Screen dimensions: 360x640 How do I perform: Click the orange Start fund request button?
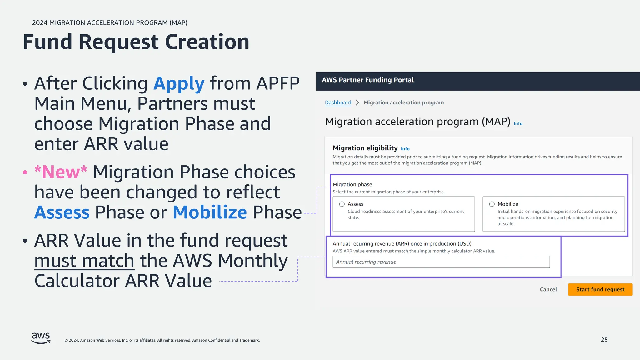click(600, 289)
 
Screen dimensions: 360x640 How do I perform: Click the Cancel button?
click(548, 289)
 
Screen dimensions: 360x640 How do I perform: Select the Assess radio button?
click(342, 204)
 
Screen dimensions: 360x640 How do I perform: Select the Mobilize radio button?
click(492, 204)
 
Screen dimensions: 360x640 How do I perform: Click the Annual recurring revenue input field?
click(441, 262)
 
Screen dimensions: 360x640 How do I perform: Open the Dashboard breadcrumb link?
click(338, 102)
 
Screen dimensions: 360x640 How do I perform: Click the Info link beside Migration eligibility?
click(405, 149)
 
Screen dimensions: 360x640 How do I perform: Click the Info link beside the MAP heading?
click(518, 123)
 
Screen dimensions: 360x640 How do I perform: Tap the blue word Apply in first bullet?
click(179, 83)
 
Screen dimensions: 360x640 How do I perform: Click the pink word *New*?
click(61, 172)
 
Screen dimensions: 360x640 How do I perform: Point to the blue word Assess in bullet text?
click(62, 212)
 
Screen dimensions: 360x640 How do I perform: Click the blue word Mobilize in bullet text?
click(210, 212)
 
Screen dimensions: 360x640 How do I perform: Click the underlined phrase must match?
click(84, 261)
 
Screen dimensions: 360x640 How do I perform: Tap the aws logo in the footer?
click(41, 338)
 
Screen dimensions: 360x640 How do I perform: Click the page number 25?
click(604, 340)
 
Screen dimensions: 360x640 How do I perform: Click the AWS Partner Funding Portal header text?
click(367, 80)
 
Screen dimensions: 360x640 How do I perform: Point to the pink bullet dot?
click(25, 172)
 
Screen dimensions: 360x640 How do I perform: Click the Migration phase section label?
click(352, 184)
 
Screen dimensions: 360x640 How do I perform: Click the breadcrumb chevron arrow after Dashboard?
click(357, 102)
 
